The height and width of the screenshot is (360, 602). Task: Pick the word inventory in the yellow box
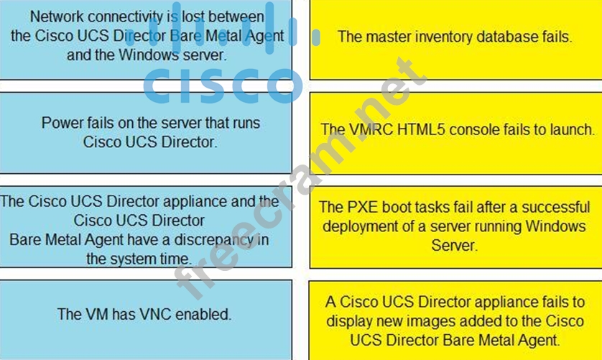tap(439, 36)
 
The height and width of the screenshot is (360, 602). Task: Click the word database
tap(509, 36)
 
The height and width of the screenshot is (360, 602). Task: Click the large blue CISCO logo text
tap(222, 85)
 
